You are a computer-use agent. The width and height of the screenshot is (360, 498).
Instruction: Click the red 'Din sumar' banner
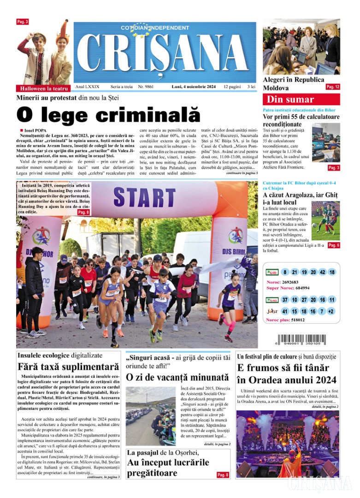pos(301,99)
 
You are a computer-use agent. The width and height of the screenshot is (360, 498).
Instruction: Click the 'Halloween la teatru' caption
pos(44,88)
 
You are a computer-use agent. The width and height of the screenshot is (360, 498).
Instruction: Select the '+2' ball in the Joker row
pos(331,311)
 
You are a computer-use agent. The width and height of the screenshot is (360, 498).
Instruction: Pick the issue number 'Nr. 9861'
pos(146,87)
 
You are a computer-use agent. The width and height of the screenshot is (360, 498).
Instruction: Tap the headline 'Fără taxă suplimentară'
pos(68,368)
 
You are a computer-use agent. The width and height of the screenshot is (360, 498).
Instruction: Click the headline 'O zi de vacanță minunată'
pos(177,377)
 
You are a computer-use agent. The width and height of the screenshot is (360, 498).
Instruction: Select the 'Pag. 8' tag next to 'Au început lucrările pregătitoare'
pos(223,474)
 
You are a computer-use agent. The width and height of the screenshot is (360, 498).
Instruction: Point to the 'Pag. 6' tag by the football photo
pos(334,245)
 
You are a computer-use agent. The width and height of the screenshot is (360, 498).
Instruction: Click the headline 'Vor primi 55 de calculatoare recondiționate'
pos(301,120)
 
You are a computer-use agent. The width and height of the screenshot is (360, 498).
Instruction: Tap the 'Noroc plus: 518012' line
pos(285,320)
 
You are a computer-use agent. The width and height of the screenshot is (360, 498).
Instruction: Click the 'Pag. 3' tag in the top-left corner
pos(23,22)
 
